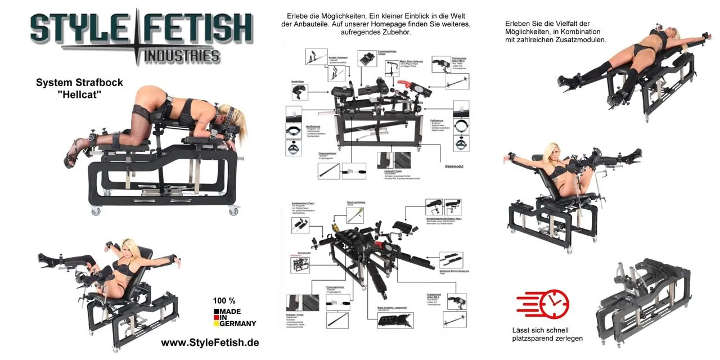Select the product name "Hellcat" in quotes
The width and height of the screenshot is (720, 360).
(x=79, y=95)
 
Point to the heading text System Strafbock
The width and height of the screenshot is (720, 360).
(x=79, y=83)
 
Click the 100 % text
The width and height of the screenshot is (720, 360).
(x=224, y=300)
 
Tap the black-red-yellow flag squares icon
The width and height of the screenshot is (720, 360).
(x=217, y=316)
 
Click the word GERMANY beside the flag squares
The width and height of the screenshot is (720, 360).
(x=238, y=323)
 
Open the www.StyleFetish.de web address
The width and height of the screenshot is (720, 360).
(x=210, y=343)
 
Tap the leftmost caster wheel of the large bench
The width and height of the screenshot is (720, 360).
(x=95, y=211)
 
